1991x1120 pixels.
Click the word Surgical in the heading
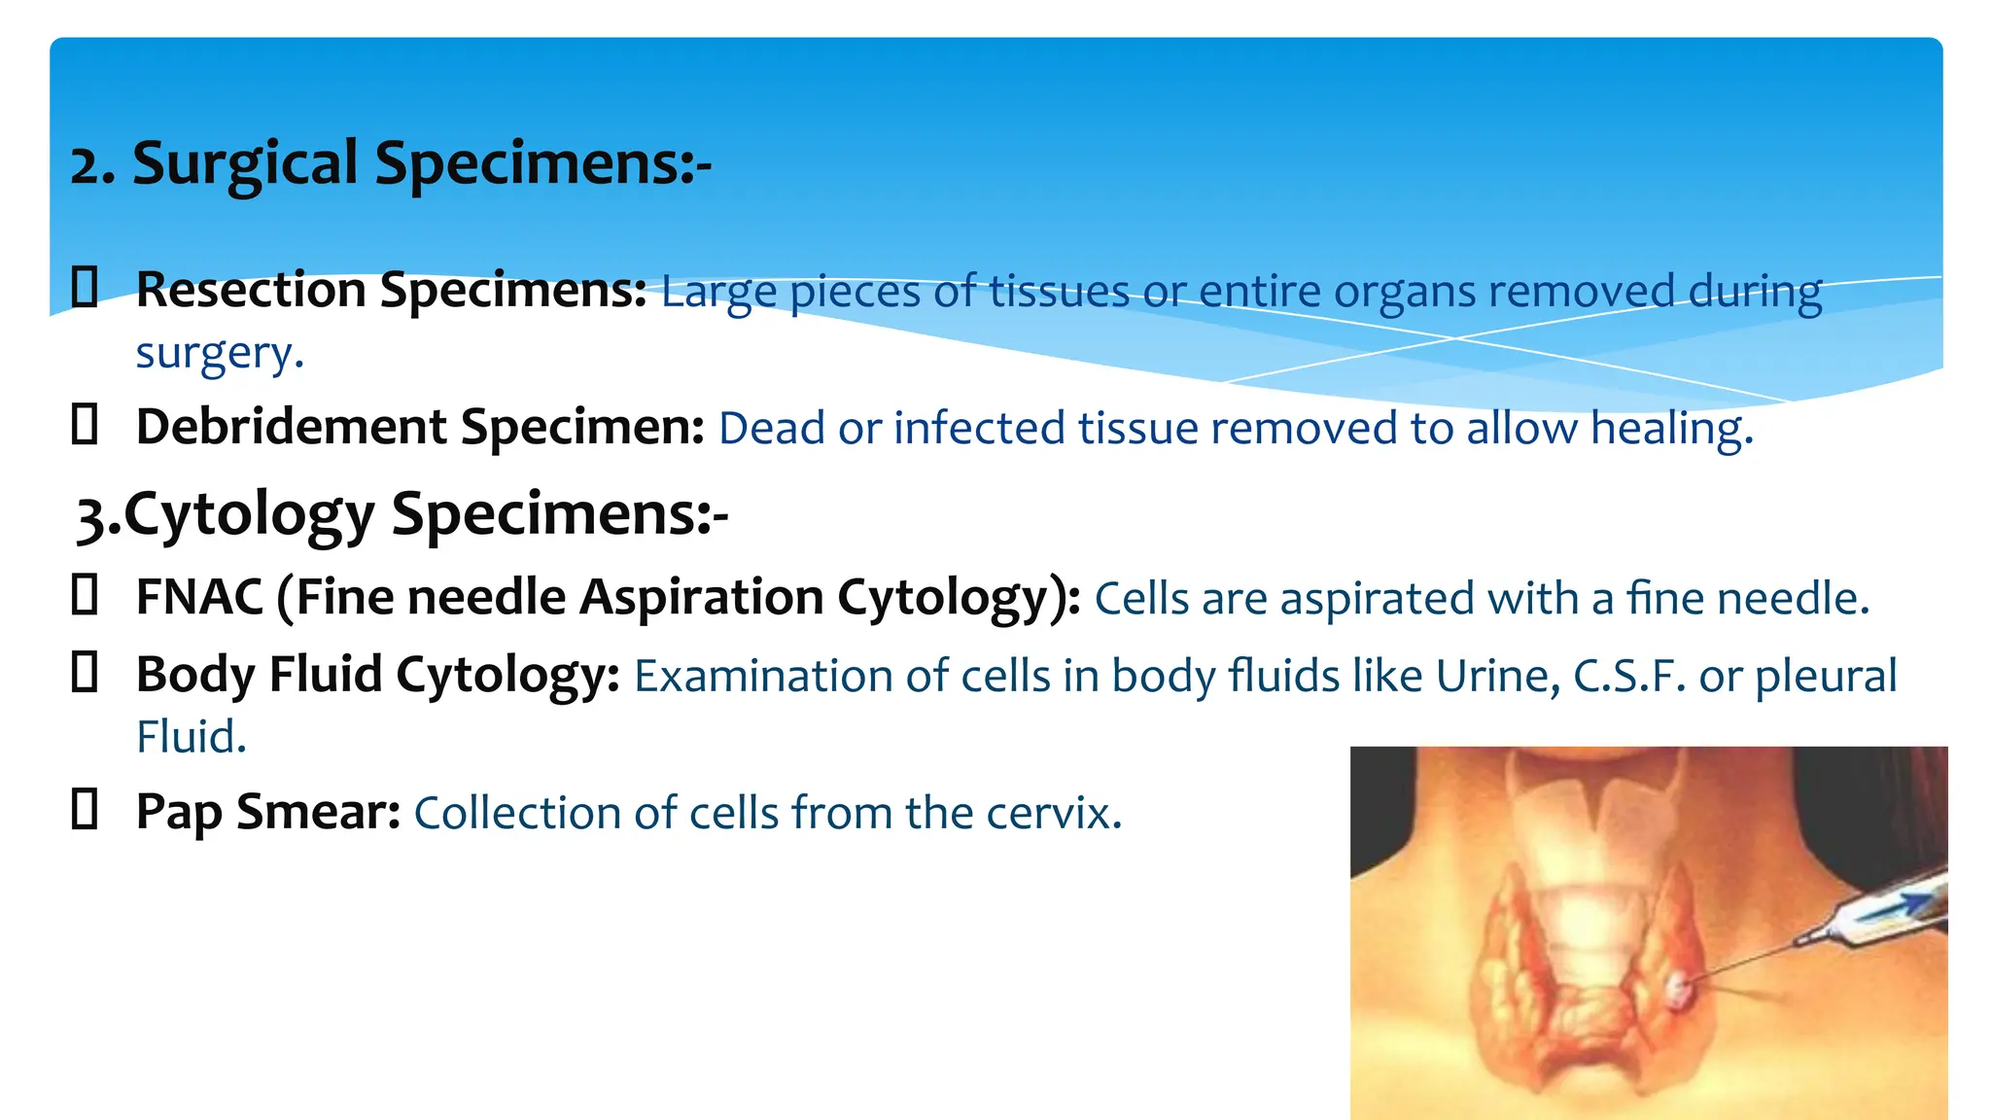[245, 163]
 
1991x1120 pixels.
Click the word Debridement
[292, 427]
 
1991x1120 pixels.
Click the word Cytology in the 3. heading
[249, 515]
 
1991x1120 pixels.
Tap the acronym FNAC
[199, 597]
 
